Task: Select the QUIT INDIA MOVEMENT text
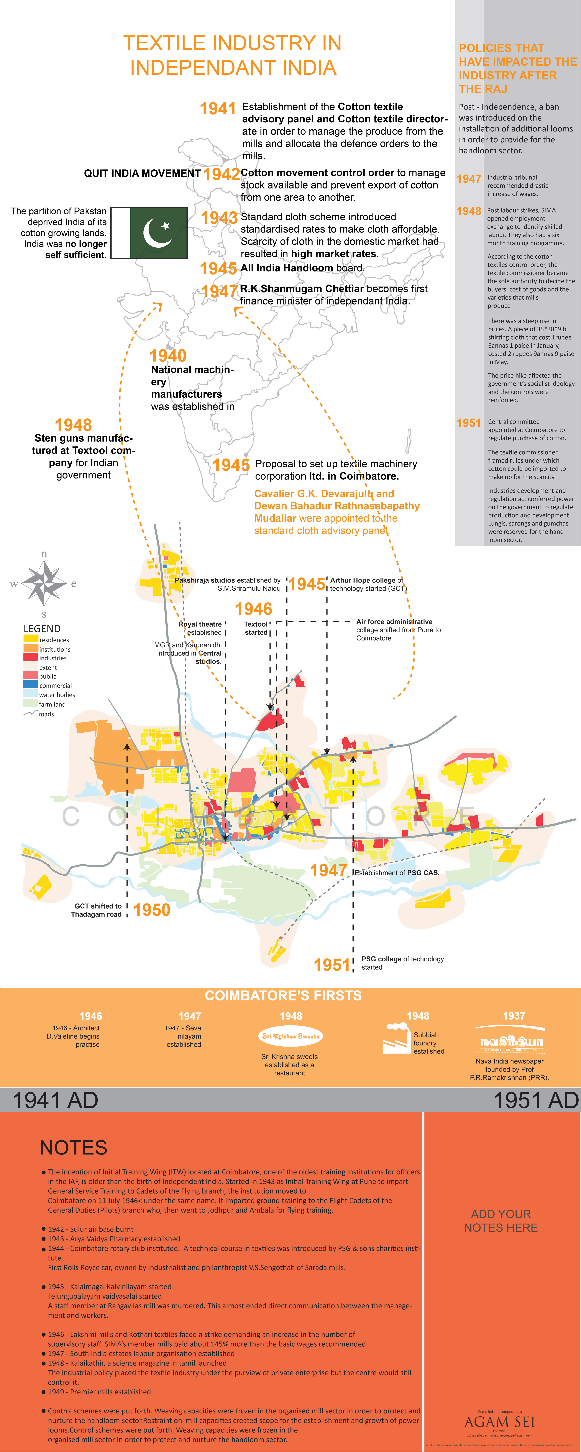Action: pyautogui.click(x=142, y=173)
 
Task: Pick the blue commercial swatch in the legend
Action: pyautogui.click(x=30, y=684)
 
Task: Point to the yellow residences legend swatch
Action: pyautogui.click(x=30, y=639)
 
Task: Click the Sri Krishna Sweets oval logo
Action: pyautogui.click(x=291, y=1036)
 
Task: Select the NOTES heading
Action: pyautogui.click(x=73, y=1148)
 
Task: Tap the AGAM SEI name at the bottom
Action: pyautogui.click(x=499, y=1422)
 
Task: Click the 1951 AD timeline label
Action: pyautogui.click(x=535, y=1100)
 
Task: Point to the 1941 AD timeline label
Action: pyautogui.click(x=55, y=1100)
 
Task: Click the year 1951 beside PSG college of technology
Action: pyautogui.click(x=332, y=965)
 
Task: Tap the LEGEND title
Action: pyautogui.click(x=42, y=629)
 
